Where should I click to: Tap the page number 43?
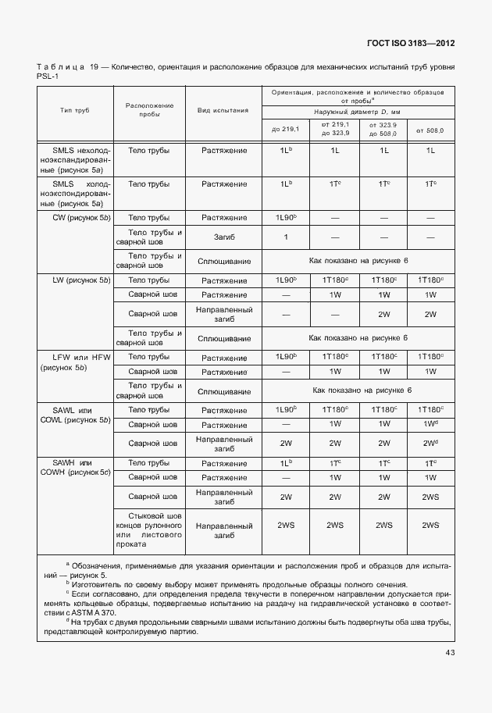450,652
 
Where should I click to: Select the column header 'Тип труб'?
75,111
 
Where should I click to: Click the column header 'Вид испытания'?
223,111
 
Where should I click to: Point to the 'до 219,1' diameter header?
286,129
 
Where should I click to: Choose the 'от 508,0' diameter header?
430,129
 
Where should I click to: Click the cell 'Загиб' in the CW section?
223,237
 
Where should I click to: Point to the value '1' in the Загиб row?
286,237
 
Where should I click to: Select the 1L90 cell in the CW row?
286,217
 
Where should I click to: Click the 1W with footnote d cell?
430,424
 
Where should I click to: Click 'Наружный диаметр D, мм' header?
358,112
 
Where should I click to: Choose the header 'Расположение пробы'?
149,109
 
